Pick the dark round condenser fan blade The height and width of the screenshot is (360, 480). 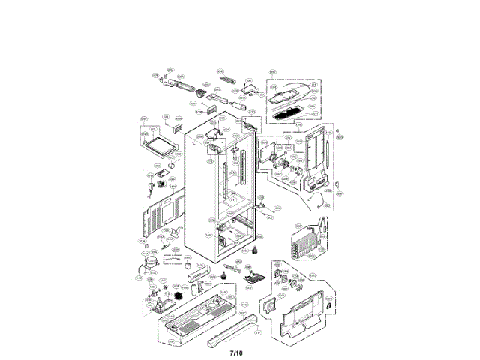tap(178, 296)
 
